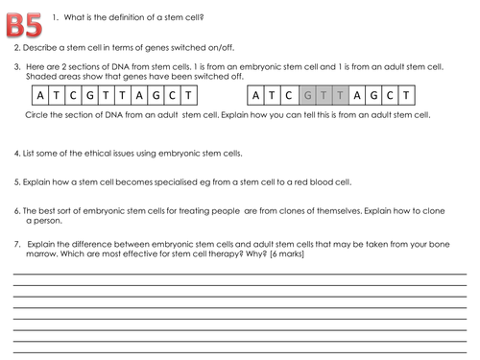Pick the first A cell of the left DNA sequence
click(38, 96)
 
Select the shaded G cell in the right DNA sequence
click(306, 96)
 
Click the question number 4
click(16, 153)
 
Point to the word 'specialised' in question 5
click(154, 181)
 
